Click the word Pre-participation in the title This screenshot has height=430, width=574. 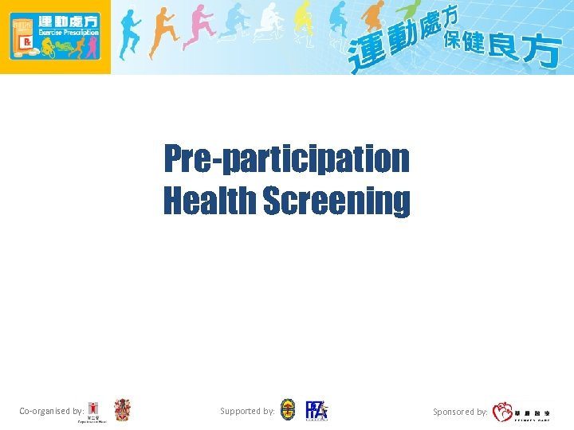click(286, 159)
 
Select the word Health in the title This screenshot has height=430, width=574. click(210, 201)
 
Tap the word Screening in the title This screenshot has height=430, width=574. click(336, 201)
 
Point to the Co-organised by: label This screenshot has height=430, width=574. click(51, 412)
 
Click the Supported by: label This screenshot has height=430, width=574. click(247, 412)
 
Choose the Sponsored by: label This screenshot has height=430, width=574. click(460, 412)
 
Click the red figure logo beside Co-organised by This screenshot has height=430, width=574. click(94, 411)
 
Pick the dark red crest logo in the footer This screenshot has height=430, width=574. click(122, 410)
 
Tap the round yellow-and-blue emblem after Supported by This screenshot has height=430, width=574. click(288, 410)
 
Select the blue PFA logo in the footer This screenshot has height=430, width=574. click(316, 410)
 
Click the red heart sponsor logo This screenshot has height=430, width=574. click(502, 412)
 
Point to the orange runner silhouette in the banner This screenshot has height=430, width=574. click(163, 32)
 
